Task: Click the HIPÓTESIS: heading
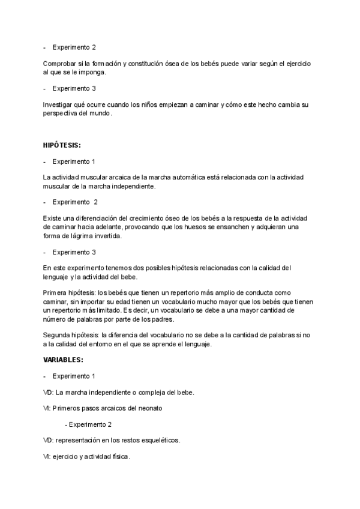tap(63, 145)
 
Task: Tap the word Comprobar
tap(59, 64)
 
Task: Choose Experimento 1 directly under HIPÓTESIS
tap(74, 162)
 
